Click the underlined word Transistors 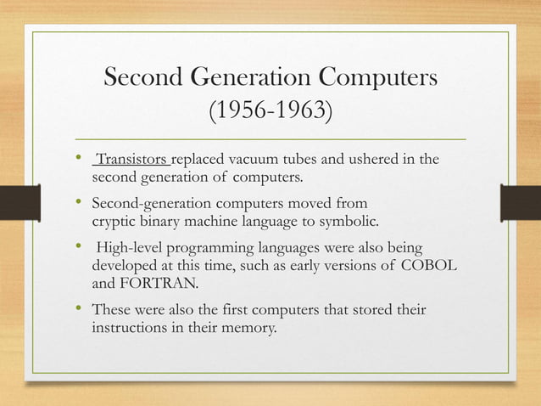click(134, 161)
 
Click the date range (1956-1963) click(270, 111)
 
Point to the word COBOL click(432, 268)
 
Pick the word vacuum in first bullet click(238, 161)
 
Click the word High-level click(131, 251)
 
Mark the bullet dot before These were click(78, 310)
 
